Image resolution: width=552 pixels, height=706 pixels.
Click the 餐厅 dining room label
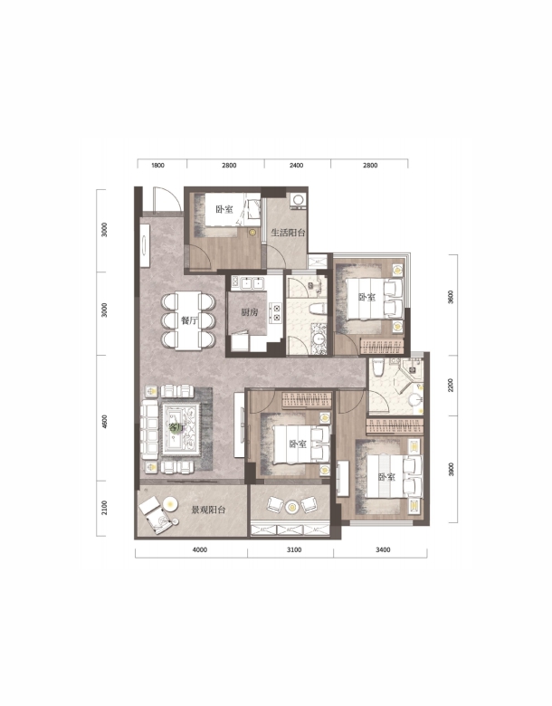189,320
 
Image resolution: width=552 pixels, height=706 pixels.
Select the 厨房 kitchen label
250,312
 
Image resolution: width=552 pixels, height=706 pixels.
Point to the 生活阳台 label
288,233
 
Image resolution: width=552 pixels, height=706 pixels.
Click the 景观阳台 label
208,510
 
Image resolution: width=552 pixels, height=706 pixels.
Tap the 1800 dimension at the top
157,166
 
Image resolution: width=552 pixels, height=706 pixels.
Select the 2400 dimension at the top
296,166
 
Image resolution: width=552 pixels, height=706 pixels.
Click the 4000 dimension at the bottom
200,549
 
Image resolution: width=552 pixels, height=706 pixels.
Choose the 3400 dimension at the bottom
383,549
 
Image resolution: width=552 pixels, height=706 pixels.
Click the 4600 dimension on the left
105,422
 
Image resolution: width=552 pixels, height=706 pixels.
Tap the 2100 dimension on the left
105,508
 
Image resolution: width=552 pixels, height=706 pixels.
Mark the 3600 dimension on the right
451,298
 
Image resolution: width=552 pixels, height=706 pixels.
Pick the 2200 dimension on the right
451,386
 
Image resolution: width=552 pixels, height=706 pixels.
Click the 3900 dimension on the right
451,469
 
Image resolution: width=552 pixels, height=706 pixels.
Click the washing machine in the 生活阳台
298,200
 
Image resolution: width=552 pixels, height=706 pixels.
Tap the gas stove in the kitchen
275,313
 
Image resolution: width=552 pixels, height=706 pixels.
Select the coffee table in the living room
181,427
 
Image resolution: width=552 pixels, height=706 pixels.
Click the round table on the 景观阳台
170,503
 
